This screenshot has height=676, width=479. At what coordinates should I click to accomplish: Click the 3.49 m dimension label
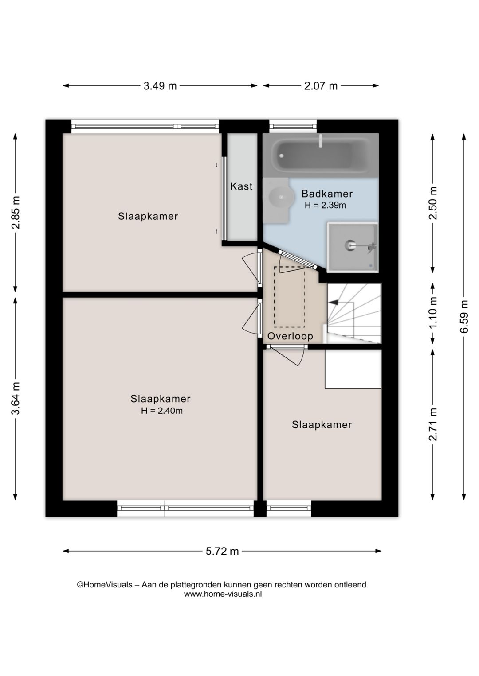coord(160,86)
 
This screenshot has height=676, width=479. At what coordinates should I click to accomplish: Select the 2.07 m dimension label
coord(321,86)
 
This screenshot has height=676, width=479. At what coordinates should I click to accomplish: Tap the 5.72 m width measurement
coord(222,551)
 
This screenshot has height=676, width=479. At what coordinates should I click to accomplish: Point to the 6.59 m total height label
coord(464,317)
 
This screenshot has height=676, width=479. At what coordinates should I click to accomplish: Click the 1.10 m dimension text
coord(433,312)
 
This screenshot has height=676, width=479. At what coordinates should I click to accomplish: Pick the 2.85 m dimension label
coord(16,213)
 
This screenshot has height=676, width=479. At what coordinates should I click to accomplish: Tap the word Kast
coord(241,186)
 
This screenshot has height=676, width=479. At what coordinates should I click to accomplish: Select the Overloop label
coord(290,336)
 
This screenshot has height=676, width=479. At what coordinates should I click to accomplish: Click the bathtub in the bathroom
coord(321,155)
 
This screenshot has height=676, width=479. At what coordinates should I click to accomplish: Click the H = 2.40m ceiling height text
coord(162,410)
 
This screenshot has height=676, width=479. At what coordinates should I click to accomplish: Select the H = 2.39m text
coord(325,205)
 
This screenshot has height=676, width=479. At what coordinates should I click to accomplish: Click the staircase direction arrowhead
coord(333,302)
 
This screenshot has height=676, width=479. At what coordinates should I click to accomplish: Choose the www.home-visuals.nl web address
coord(223,594)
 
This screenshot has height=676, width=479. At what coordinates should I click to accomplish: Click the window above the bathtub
coord(293,126)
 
